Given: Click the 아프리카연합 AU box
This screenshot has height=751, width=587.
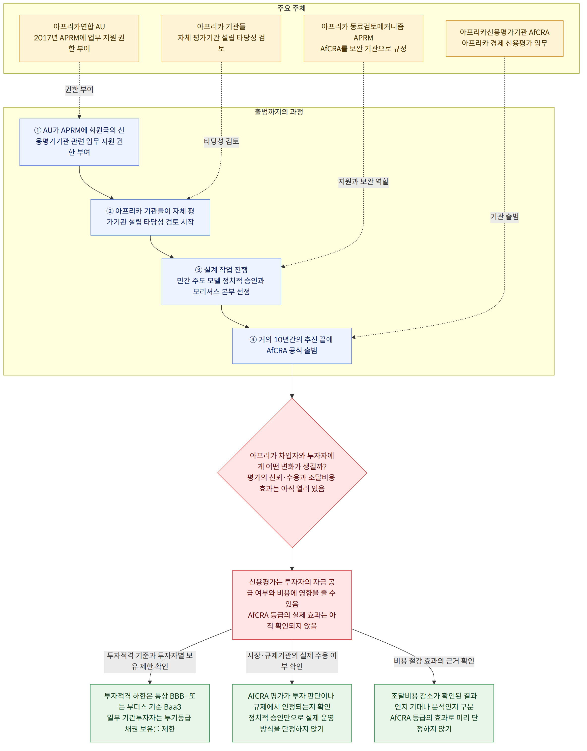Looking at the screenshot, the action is (x=79, y=38).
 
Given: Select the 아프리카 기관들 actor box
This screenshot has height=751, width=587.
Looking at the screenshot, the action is (x=221, y=38).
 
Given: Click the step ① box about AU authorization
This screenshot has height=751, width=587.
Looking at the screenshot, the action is (x=79, y=142).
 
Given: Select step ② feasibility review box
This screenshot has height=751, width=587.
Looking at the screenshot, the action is (x=150, y=217).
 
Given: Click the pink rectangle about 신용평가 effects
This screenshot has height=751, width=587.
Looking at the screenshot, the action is (x=292, y=605).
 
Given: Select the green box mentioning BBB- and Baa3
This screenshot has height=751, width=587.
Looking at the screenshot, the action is (x=150, y=713).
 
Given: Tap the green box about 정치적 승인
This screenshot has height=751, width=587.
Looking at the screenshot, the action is (x=292, y=713).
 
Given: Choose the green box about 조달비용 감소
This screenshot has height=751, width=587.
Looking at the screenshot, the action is (x=434, y=713).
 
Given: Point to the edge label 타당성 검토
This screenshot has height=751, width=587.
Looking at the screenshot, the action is (x=221, y=141).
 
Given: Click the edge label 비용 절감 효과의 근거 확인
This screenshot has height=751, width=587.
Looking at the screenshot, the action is (x=434, y=661).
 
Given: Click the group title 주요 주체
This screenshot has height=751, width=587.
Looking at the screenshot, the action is (x=292, y=8).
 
